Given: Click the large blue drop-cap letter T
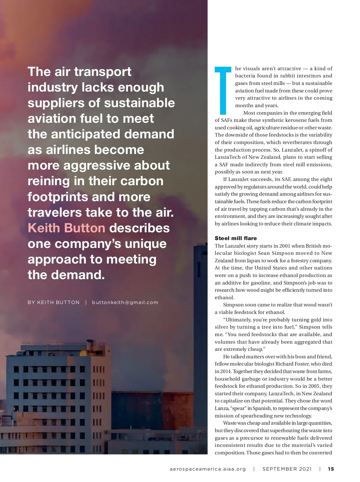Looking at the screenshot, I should pyautogui.click(x=223, y=90).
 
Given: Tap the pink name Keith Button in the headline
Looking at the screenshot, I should pyautogui.click(x=66, y=228).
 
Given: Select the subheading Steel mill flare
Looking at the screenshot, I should pyautogui.click(x=236, y=238).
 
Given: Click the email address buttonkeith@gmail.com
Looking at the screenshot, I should pyautogui.click(x=125, y=302).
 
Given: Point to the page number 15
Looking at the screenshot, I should pyautogui.click(x=331, y=469).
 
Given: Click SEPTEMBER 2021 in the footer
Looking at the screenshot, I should pyautogui.click(x=287, y=469).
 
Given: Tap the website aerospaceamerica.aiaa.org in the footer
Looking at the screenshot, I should pyautogui.click(x=208, y=469).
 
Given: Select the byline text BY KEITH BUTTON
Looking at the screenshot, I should pyautogui.click(x=54, y=302).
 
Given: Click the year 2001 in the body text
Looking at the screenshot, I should pyautogui.click(x=285, y=246).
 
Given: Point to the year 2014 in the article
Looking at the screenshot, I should pyautogui.click(x=220, y=371).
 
